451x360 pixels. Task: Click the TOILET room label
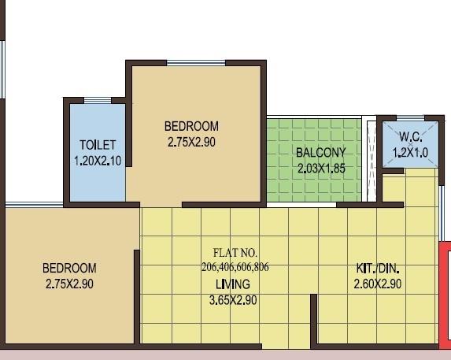(x=98, y=145)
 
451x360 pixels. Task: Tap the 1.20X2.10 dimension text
(x=98, y=159)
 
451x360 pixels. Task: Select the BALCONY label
(x=320, y=153)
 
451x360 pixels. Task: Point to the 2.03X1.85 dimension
(x=321, y=168)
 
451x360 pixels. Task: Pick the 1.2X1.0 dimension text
(x=410, y=153)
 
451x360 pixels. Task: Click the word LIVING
(x=232, y=284)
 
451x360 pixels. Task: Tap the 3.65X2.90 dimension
(x=232, y=300)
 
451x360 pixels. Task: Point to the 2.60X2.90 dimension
(x=379, y=284)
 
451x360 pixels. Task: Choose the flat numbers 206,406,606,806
(x=235, y=267)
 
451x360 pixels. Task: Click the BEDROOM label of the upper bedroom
(x=191, y=126)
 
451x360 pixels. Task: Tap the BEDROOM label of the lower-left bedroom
(x=69, y=269)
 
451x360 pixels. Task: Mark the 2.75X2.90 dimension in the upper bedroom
(x=191, y=142)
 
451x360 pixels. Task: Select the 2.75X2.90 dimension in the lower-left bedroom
(x=69, y=284)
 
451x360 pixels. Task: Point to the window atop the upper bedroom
(x=194, y=62)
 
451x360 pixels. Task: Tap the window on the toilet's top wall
(x=97, y=100)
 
